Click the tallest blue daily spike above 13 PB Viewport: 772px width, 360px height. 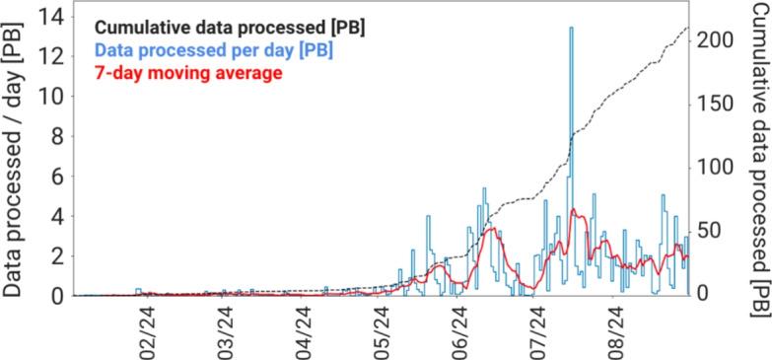tap(571, 29)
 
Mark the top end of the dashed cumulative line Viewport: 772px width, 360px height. tap(686, 28)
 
